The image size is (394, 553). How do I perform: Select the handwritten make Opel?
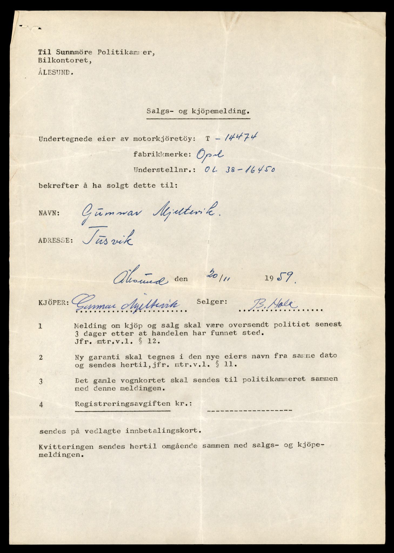(x=210, y=154)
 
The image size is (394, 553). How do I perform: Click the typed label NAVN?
(x=49, y=213)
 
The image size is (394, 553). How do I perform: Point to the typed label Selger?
(x=212, y=302)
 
